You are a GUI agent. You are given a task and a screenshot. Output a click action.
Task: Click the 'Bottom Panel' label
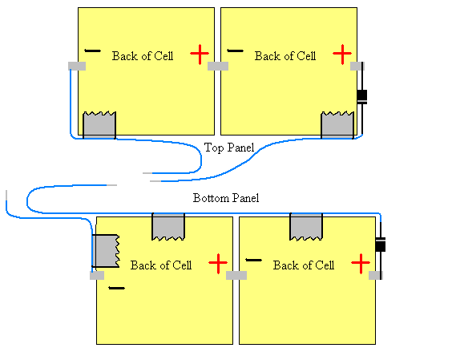[x=226, y=197]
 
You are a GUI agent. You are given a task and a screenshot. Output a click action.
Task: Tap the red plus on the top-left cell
[x=200, y=55]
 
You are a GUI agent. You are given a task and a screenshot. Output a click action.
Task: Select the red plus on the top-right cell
[x=342, y=55]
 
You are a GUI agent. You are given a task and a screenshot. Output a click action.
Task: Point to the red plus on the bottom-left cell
[x=217, y=262]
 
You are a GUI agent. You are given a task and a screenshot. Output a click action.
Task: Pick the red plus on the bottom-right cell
[x=361, y=262]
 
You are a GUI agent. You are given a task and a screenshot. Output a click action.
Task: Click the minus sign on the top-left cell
[x=93, y=51]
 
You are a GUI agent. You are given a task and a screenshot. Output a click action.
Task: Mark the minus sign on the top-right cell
[x=235, y=51]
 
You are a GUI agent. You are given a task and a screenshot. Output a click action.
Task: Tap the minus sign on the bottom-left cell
[x=117, y=287]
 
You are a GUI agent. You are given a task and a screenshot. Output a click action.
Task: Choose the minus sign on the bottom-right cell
[x=254, y=260]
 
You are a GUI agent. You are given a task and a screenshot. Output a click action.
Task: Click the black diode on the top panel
[x=361, y=96]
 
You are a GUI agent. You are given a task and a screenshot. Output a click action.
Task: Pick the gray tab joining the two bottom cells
[x=236, y=275]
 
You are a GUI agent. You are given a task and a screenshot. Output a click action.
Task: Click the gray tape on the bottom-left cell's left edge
[x=105, y=251]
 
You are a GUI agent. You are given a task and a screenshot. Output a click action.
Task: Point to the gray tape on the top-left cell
[x=100, y=124]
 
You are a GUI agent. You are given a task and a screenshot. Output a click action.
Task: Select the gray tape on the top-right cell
[x=337, y=124]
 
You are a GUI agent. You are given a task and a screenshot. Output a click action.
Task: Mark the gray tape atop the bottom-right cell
[x=306, y=226]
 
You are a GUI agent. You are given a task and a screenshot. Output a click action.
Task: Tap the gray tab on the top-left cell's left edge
[x=77, y=66]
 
